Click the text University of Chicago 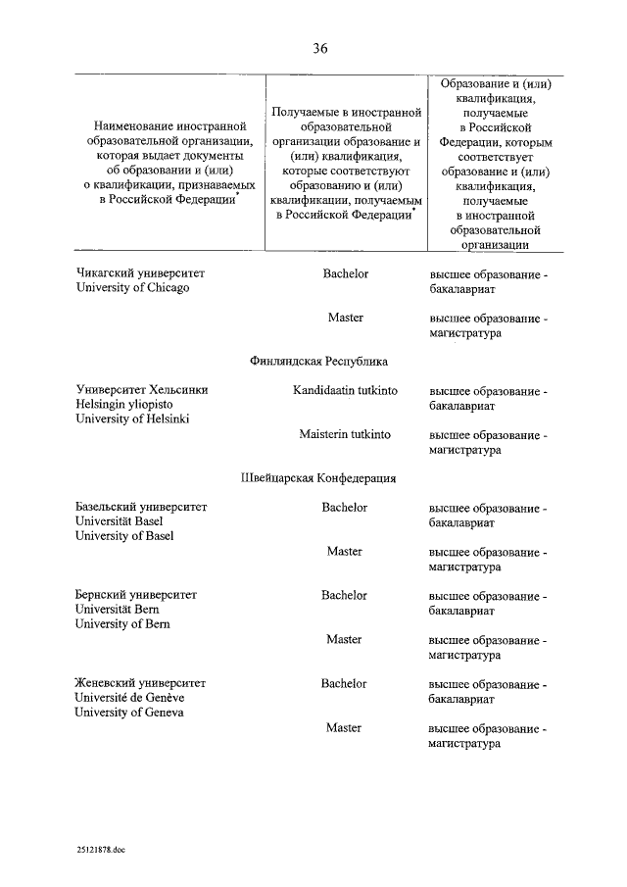(132, 288)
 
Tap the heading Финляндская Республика (318, 361)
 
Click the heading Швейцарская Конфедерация (318, 478)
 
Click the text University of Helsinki (132, 419)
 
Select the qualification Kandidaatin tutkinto (345, 390)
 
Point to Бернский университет (136, 595)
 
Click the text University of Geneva (129, 713)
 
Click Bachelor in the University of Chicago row (345, 273)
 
